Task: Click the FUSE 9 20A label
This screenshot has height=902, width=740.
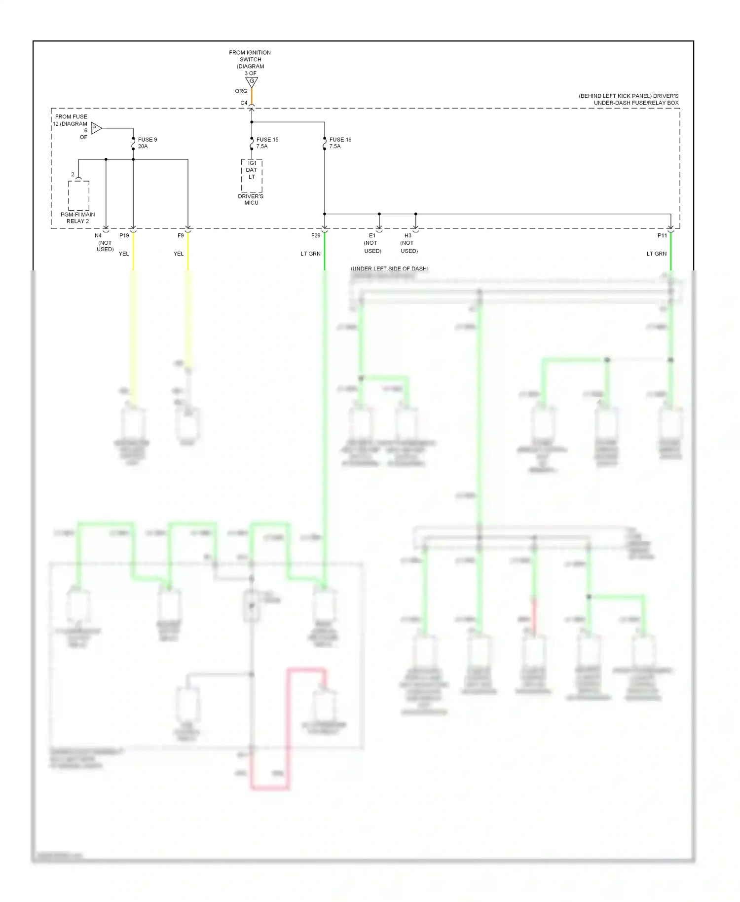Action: tap(147, 143)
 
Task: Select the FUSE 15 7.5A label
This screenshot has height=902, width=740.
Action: tap(267, 143)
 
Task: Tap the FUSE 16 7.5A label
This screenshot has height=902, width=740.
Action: tap(340, 143)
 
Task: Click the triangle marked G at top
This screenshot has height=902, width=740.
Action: tap(252, 81)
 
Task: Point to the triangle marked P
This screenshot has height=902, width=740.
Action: tap(96, 128)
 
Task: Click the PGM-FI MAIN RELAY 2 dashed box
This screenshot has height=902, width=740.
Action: tap(78, 196)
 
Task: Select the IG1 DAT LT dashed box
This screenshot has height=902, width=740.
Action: tap(252, 176)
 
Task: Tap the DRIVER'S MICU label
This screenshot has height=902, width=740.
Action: tap(251, 199)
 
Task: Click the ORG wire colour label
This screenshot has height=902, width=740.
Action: tap(241, 91)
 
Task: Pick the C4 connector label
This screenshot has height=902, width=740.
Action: tap(244, 103)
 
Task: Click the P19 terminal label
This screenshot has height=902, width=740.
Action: tap(124, 235)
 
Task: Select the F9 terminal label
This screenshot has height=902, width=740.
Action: tap(181, 235)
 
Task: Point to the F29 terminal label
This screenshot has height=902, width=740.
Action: tap(316, 235)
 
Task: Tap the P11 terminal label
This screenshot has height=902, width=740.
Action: tap(662, 235)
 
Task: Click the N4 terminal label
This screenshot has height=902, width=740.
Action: tap(98, 235)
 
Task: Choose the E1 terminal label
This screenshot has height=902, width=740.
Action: tap(372, 235)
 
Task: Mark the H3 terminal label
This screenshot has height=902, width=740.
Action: tap(408, 235)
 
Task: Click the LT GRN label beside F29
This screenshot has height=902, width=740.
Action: tap(310, 254)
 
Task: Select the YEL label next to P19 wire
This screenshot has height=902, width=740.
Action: tap(124, 254)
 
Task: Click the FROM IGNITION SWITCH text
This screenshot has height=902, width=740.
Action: tap(250, 56)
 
